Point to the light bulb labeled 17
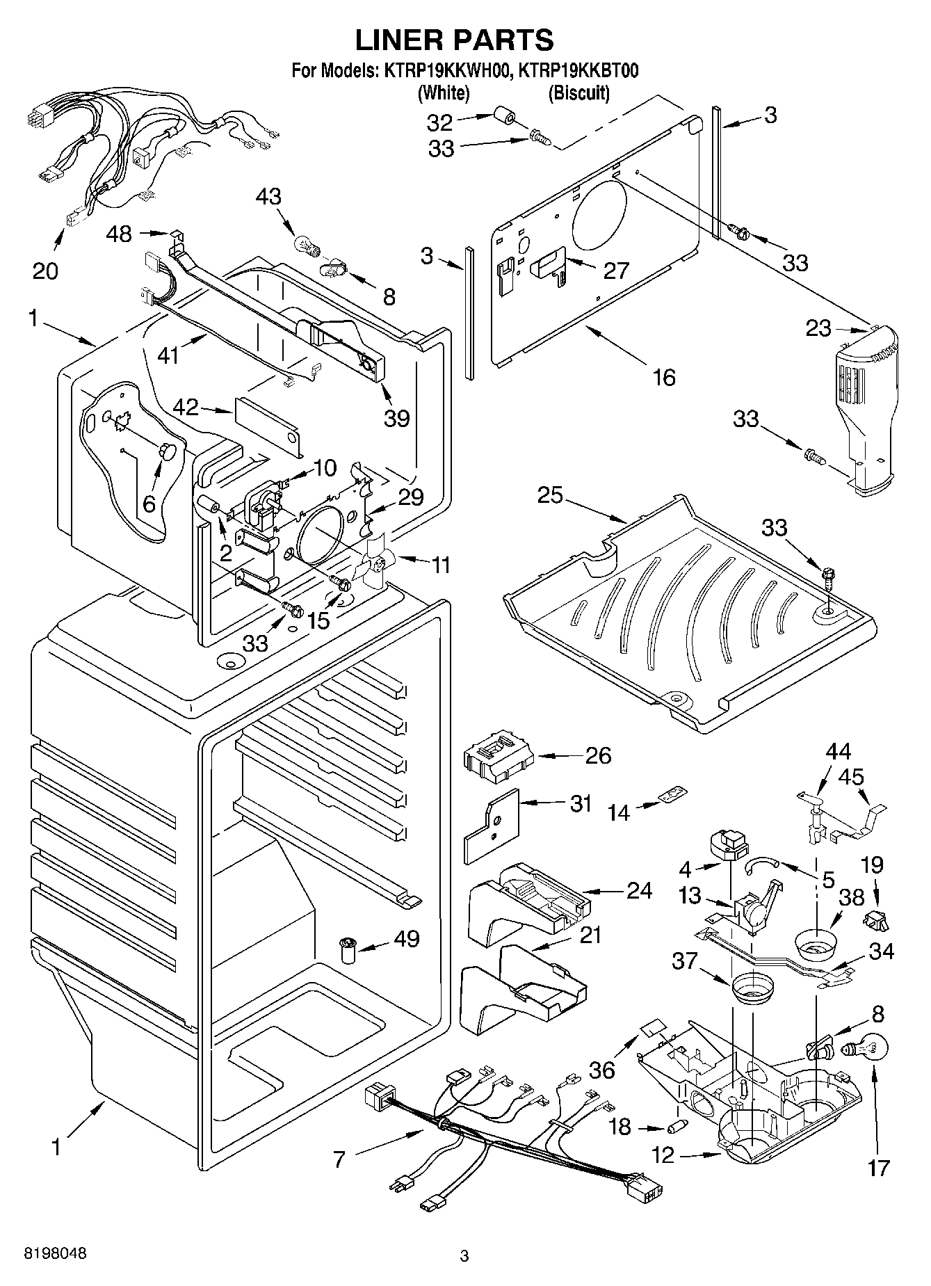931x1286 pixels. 864,1051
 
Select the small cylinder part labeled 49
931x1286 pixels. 347,949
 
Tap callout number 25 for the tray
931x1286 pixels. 550,497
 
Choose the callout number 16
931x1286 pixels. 664,377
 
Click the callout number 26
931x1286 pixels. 598,755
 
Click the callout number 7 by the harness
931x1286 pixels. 339,1159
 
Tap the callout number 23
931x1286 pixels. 818,328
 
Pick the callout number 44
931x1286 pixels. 838,751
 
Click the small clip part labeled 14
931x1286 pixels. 672,794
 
